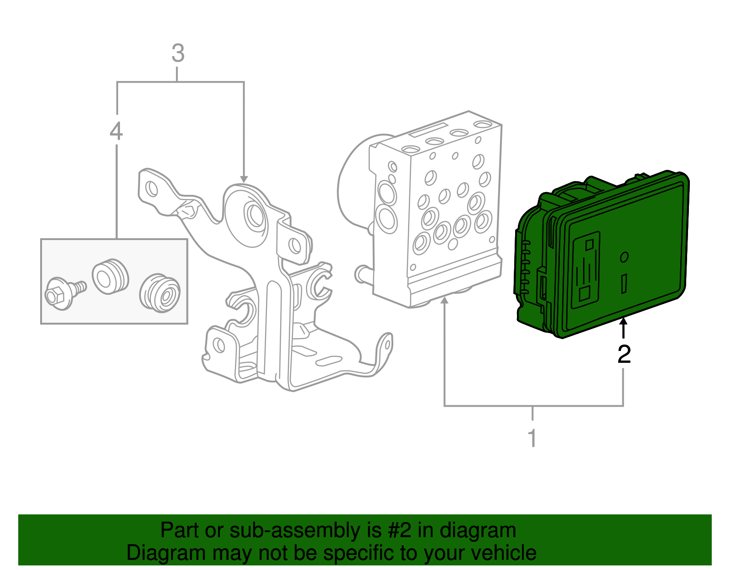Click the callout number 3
(178, 54)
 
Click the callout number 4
(116, 131)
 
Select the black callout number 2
(624, 355)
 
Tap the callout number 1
(532, 438)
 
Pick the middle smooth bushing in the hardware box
(109, 276)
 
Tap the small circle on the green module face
(624, 257)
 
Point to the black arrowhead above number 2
(623, 322)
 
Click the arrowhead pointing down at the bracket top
(244, 179)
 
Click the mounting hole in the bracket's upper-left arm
(151, 188)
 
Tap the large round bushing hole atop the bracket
(254, 215)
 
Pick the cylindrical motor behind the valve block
(354, 183)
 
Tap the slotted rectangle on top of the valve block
(428, 129)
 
